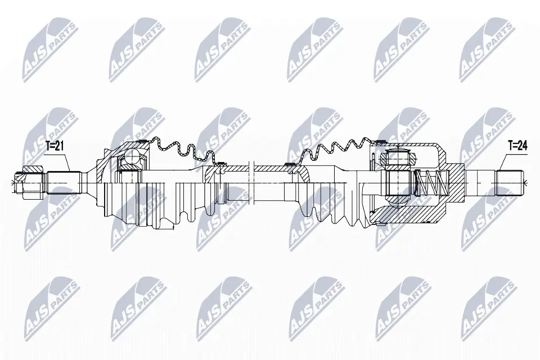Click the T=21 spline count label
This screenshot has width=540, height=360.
tap(55, 146)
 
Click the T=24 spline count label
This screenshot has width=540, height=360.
tap(517, 146)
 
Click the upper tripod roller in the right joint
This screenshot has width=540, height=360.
tap(397, 157)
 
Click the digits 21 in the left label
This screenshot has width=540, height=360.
tap(60, 146)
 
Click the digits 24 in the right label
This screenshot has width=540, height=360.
tap(523, 146)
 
